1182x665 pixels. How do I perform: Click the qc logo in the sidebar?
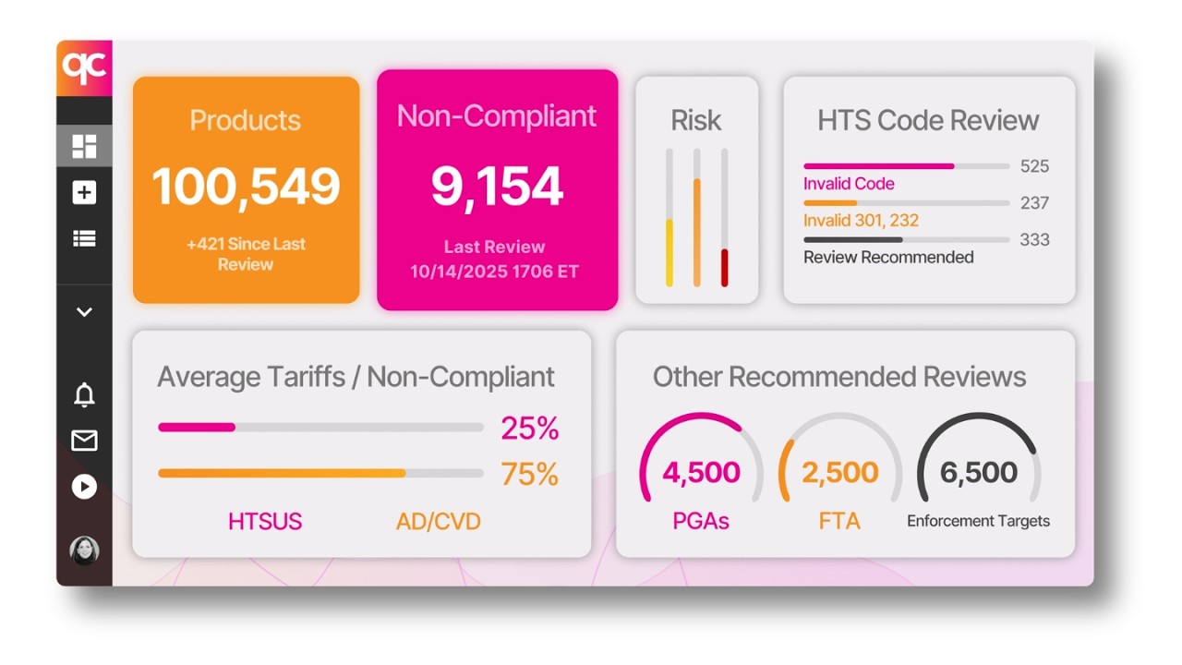[84, 67]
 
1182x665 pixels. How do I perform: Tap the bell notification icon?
[84, 395]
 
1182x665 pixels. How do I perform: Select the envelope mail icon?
[84, 441]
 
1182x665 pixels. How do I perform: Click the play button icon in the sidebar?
[84, 486]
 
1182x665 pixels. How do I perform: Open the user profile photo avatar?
[84, 550]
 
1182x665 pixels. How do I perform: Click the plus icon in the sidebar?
[84, 192]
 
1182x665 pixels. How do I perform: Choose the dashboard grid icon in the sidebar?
[84, 146]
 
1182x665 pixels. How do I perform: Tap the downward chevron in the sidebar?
[84, 312]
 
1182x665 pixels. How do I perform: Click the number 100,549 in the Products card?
[246, 187]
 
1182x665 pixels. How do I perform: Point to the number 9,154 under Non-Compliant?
[497, 187]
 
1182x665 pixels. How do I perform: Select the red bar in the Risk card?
[725, 267]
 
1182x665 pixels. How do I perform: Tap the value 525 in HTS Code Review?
[1034, 166]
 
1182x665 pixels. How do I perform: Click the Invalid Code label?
[849, 184]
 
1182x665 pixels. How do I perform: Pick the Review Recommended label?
[888, 257]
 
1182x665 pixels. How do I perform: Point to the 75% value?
[529, 474]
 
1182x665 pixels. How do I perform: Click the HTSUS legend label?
[265, 521]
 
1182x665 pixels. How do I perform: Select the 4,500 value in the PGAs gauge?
[701, 472]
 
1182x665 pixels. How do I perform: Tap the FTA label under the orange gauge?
[839, 521]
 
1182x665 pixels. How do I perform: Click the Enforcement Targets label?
[978, 521]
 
